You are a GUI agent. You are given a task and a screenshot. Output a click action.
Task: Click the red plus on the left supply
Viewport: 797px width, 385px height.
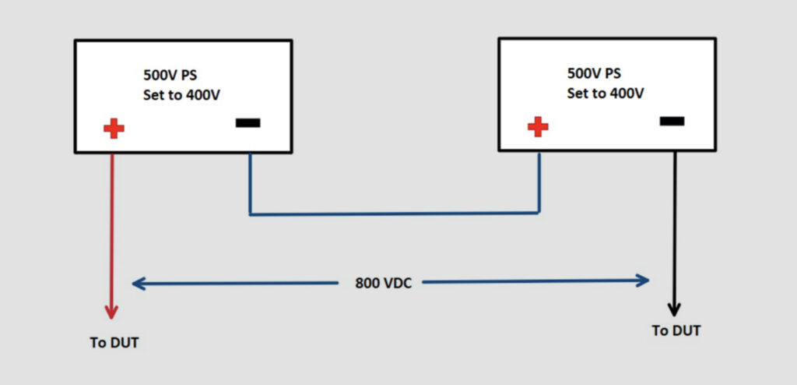click(x=114, y=129)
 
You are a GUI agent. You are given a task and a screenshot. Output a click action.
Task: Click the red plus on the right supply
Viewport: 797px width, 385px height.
click(x=537, y=127)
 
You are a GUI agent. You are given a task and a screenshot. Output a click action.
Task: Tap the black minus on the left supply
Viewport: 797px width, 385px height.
click(x=248, y=123)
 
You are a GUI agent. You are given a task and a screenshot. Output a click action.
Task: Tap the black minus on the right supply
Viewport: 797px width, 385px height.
click(x=672, y=121)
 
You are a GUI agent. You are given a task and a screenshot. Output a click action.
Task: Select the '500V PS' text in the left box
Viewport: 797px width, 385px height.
click(x=175, y=76)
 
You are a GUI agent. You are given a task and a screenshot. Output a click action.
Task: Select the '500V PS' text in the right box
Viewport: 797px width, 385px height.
click(x=594, y=74)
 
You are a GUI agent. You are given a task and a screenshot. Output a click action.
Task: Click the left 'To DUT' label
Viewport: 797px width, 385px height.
click(x=114, y=343)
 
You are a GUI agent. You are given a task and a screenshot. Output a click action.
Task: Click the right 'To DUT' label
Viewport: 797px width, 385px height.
click(x=676, y=330)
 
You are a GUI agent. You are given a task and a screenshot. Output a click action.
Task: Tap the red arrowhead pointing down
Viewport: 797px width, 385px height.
click(x=111, y=311)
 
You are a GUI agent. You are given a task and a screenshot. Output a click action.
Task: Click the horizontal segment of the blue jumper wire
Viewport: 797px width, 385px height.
click(x=393, y=213)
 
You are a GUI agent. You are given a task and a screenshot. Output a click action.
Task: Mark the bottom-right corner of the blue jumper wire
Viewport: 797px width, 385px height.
click(x=539, y=211)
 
